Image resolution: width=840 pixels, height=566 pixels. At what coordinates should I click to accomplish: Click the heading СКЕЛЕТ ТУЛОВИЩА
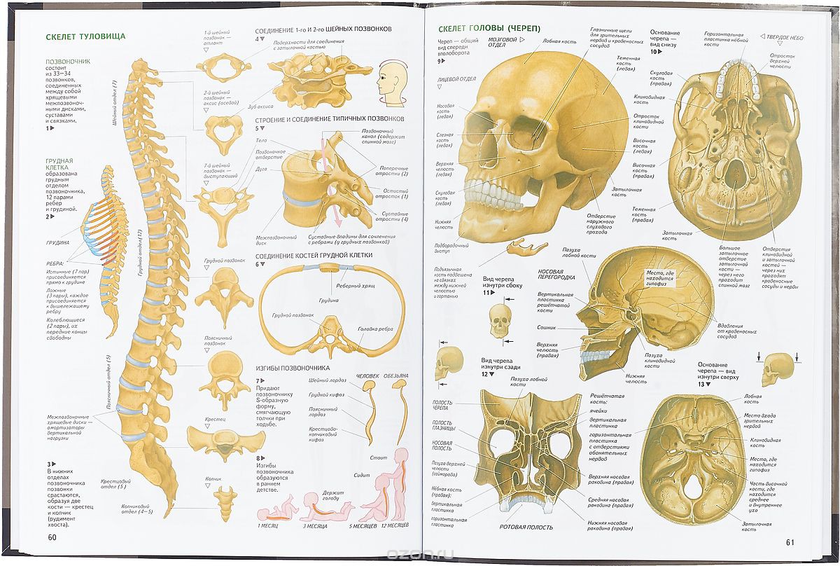point(85,37)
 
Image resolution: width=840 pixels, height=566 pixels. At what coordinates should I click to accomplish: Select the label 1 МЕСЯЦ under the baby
point(270,525)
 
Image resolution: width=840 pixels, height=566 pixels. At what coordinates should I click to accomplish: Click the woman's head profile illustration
point(389,79)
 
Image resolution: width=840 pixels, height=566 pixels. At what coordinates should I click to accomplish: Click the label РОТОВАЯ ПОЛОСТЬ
point(526,527)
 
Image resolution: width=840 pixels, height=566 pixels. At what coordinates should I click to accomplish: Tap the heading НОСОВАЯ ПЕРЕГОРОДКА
point(556,274)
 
